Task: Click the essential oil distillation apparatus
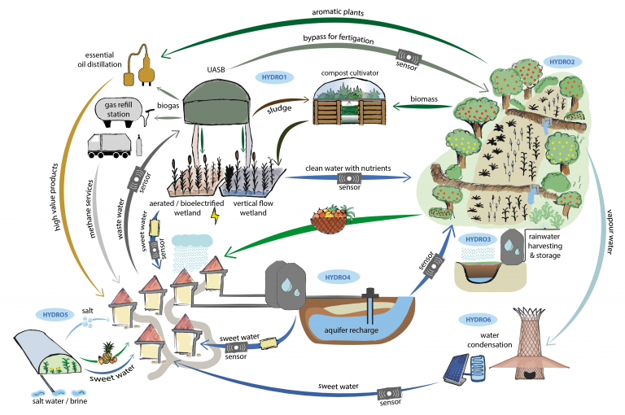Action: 139,70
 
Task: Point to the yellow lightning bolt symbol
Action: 215,215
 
